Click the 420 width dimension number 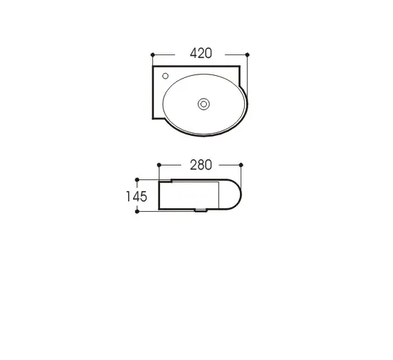pyautogui.click(x=199, y=53)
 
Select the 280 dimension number pyautogui.click(x=199, y=165)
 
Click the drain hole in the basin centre pyautogui.click(x=203, y=104)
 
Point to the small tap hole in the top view pyautogui.click(x=166, y=74)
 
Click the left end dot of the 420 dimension pyautogui.click(x=152, y=54)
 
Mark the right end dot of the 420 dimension pyautogui.click(x=247, y=54)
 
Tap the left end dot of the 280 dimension pyautogui.click(x=159, y=165)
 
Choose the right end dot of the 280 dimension pyautogui.click(x=241, y=165)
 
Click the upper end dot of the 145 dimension pyautogui.click(x=139, y=179)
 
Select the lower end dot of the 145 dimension pyautogui.click(x=139, y=212)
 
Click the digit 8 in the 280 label pyautogui.click(x=199, y=165)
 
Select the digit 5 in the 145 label pyautogui.click(x=144, y=196)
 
